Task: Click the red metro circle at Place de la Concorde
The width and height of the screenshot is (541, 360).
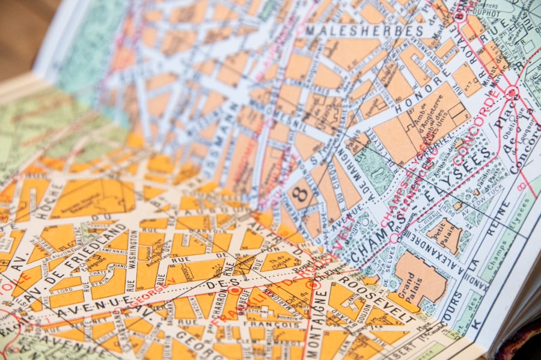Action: [512, 93]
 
